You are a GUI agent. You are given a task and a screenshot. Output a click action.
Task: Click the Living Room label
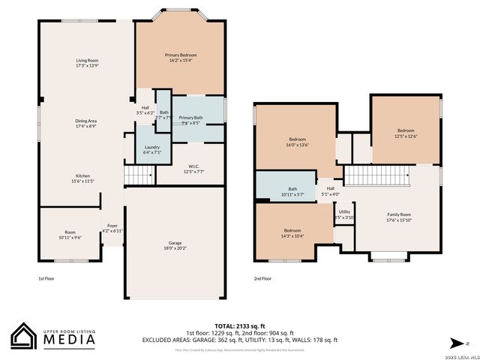pos(87,63)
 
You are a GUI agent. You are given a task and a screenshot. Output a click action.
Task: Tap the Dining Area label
pos(85,123)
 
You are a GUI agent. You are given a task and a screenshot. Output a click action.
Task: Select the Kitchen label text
pos(82,178)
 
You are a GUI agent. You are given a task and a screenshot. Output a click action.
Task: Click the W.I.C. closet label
pos(193,169)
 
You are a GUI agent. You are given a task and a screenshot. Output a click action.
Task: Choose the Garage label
pos(174,245)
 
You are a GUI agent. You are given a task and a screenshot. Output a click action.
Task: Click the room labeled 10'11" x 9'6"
pos(70,235)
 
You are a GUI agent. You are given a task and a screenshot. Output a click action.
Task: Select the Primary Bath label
pos(190,120)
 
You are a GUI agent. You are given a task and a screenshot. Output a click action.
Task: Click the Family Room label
pos(399,217)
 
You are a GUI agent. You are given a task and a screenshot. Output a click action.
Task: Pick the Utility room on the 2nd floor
pos(344,214)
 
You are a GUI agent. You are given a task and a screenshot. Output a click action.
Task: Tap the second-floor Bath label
pos(292,191)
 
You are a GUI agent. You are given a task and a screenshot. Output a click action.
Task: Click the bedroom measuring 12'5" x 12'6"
pos(406,133)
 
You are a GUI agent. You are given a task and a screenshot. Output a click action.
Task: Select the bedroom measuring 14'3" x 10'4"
pos(292,233)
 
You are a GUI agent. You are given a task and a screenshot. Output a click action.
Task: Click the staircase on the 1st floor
pos(138,175)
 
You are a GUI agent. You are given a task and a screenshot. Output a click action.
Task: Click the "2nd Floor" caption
pos(262,277)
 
